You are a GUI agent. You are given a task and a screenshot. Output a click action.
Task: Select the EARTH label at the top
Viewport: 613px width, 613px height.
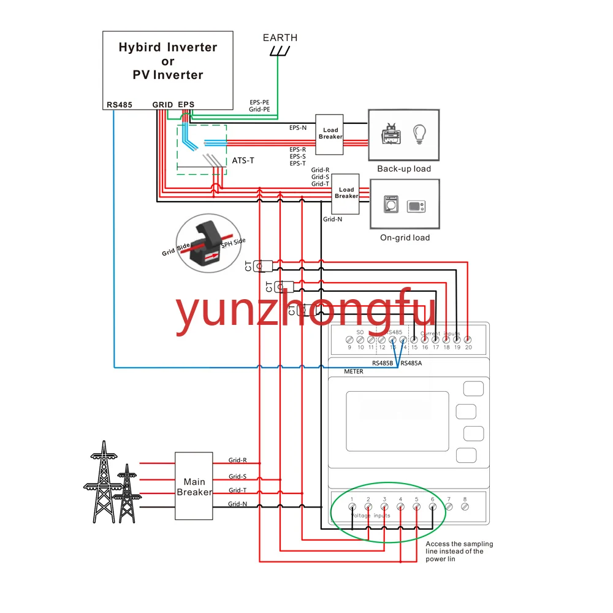click(x=280, y=37)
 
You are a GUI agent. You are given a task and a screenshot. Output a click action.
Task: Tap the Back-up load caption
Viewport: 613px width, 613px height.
click(x=404, y=169)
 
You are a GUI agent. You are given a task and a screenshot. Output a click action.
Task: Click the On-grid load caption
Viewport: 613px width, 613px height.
click(x=404, y=237)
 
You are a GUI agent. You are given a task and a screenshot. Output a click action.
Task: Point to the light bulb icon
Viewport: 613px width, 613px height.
click(x=419, y=134)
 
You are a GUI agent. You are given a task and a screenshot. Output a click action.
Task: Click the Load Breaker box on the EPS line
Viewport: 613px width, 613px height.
click(x=330, y=133)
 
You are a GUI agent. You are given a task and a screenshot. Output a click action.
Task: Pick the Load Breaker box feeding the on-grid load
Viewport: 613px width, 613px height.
click(x=346, y=193)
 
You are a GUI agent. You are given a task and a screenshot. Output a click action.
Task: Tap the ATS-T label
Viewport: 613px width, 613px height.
click(x=243, y=161)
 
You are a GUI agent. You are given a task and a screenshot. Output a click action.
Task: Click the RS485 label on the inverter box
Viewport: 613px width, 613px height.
click(x=120, y=105)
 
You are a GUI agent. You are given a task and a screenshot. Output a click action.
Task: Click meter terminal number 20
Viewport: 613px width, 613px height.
click(x=468, y=339)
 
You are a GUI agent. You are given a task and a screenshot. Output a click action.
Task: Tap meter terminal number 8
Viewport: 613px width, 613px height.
click(x=465, y=506)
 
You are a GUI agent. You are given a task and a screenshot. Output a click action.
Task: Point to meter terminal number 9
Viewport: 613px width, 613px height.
click(x=349, y=339)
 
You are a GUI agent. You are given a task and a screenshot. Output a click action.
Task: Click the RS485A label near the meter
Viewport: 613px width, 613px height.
click(x=411, y=363)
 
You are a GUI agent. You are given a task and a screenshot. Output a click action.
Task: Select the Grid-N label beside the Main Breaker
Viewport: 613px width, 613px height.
click(x=238, y=504)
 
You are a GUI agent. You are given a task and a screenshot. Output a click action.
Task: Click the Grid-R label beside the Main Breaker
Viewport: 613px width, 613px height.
click(x=238, y=460)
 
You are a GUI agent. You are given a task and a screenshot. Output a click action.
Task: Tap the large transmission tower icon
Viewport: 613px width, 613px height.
click(x=103, y=481)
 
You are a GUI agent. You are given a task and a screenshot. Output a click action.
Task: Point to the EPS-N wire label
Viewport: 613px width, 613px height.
click(x=298, y=128)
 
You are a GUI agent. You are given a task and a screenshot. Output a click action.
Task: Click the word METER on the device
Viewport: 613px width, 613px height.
click(x=354, y=371)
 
